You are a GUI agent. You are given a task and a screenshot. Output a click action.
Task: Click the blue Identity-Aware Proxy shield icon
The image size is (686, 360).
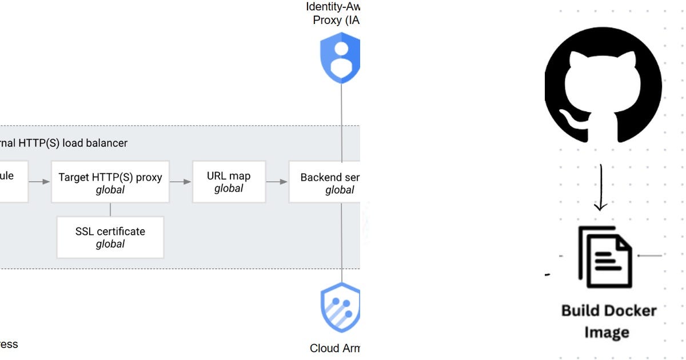pos(341,57)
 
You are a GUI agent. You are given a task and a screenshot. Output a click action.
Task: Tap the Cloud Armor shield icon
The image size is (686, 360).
pos(341,309)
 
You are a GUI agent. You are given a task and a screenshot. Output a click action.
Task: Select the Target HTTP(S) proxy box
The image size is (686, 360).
pos(110,182)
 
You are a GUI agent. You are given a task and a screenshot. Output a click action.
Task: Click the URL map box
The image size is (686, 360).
pos(229,182)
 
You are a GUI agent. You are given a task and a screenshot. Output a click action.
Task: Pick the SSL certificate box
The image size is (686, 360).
pos(110,237)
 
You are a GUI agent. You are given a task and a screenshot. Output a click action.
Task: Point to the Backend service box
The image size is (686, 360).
pos(324,182)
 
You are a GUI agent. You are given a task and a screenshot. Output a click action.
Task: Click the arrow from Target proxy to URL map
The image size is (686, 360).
pos(181,182)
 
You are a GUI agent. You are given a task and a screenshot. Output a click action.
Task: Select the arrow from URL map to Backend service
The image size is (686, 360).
pos(277,182)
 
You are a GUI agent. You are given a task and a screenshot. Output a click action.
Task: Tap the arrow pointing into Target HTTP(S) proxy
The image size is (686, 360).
pos(39,182)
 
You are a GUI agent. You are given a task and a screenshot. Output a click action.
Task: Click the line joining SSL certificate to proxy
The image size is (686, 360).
pos(110,209)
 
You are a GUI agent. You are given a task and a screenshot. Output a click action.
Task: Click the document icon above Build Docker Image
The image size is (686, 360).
pos(605,257)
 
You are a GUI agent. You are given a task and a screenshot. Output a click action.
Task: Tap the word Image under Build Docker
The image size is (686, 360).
pos(606,332)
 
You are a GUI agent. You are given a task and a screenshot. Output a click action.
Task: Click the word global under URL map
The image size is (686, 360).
pos(229,189)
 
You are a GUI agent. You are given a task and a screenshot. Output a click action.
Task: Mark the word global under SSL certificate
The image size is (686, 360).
pos(110,244)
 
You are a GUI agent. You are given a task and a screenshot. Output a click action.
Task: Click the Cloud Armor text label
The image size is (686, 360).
pos(334,348)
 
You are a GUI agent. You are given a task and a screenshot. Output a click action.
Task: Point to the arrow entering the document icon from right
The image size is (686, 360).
pos(649,255)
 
